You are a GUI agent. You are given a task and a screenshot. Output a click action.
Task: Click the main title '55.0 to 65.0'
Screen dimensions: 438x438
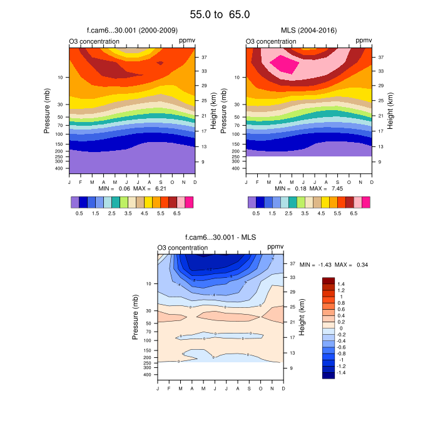click(x=220, y=14)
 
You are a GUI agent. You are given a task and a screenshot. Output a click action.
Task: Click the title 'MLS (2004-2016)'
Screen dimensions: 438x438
click(x=309, y=30)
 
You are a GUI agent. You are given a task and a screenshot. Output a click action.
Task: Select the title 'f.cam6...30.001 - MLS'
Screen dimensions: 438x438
click(x=220, y=237)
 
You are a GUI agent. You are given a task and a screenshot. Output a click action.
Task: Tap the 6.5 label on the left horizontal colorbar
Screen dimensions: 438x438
click(x=176, y=213)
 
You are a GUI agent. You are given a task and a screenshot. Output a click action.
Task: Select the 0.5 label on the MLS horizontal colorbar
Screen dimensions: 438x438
click(x=256, y=213)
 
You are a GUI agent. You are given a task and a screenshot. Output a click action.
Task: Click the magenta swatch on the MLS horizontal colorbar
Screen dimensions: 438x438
click(x=366, y=202)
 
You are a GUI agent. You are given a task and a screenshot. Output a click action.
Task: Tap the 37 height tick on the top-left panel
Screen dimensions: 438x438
click(x=205, y=56)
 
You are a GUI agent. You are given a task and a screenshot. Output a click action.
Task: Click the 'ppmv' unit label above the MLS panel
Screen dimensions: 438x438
click(x=364, y=41)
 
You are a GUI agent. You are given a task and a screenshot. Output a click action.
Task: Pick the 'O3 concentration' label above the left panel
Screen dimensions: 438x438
click(x=94, y=42)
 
